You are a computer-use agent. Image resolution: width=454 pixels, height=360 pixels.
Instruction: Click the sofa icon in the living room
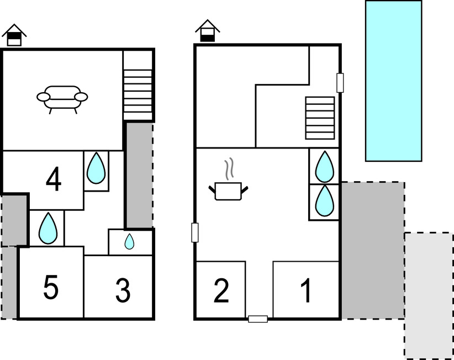pyautogui.click(x=62, y=98)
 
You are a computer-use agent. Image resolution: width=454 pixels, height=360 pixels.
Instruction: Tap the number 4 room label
pyautogui.click(x=54, y=179)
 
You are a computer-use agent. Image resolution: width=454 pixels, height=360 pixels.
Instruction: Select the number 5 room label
pyautogui.click(x=50, y=287)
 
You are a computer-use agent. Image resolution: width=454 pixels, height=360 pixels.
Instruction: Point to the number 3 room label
pyautogui.click(x=123, y=290)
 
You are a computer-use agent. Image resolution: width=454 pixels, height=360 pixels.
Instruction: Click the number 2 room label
pyautogui.click(x=221, y=291)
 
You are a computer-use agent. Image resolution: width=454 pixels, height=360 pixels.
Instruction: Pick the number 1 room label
pyautogui.click(x=305, y=291)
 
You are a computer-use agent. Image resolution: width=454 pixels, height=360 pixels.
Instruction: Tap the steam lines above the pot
pyautogui.click(x=229, y=170)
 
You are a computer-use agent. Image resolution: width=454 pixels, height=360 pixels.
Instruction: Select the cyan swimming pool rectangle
pyautogui.click(x=393, y=81)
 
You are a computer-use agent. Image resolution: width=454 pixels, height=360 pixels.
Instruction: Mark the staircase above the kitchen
pyautogui.click(x=320, y=118)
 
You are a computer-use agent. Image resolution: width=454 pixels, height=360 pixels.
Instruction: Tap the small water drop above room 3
pyautogui.click(x=129, y=242)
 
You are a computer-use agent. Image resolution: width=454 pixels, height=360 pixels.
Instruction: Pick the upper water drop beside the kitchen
pyautogui.click(x=324, y=166)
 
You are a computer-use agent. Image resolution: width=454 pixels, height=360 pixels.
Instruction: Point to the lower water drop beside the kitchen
pyautogui.click(x=324, y=201)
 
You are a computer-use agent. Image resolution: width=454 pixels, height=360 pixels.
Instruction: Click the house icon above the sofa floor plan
pyautogui.click(x=14, y=35)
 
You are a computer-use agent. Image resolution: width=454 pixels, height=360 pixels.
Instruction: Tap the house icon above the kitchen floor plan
pyautogui.click(x=207, y=30)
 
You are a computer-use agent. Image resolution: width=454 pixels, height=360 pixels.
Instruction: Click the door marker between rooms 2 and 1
pyautogui.click(x=258, y=319)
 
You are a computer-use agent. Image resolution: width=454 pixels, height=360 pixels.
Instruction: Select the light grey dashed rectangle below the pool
pyautogui.click(x=429, y=295)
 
